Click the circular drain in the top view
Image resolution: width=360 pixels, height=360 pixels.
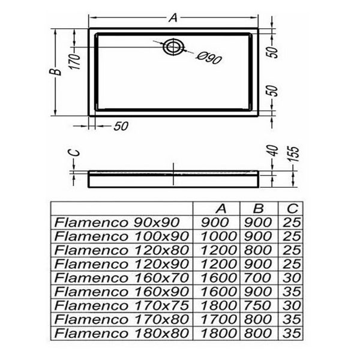click(x=173, y=47)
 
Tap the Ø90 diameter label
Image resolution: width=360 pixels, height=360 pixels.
click(x=209, y=58)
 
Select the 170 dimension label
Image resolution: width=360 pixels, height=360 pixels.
click(x=75, y=61)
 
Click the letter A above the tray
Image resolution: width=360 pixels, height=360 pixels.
click(x=173, y=17)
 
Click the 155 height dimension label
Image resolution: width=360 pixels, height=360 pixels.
click(x=295, y=154)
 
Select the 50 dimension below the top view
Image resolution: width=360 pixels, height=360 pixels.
click(x=121, y=126)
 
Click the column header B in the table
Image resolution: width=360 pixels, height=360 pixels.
click(x=258, y=208)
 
